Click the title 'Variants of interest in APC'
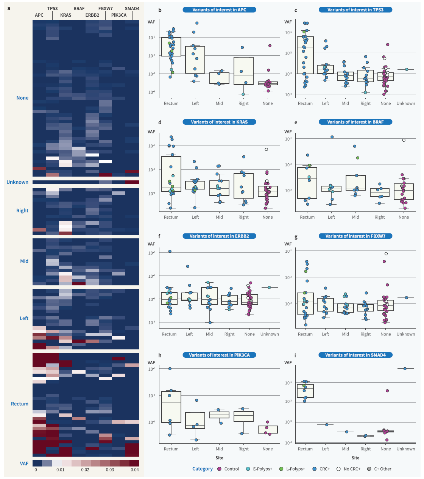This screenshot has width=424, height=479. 219,10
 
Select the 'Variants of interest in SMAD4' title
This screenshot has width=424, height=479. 355,355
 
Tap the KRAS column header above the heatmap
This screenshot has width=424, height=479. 66,15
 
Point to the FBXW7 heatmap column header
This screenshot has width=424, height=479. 105,8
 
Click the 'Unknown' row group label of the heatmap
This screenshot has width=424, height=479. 17,182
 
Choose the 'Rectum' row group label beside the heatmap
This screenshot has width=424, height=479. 20,404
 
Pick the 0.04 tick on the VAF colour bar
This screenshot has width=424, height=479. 135,470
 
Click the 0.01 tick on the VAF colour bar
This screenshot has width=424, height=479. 61,470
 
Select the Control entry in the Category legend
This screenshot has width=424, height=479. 231,469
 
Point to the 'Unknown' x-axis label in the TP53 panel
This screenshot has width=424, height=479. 406,103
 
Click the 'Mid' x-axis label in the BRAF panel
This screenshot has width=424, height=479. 355,217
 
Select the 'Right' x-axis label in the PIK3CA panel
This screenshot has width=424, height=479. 243,449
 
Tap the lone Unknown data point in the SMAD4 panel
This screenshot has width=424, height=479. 405,368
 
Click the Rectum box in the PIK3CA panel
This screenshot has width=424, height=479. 171,407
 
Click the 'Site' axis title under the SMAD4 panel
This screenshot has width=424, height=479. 355,458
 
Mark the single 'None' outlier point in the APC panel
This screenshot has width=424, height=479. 270,45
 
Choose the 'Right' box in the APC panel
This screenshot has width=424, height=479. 243,71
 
